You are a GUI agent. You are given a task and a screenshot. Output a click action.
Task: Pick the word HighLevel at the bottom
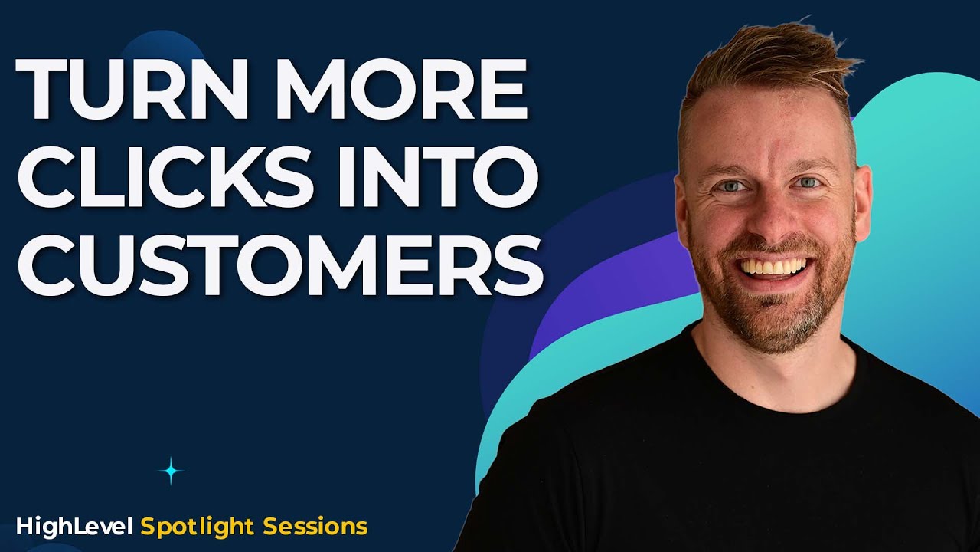coord(75,527)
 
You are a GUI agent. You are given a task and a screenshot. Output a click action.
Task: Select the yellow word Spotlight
coord(198,527)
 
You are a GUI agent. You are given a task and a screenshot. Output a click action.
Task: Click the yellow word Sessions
coord(315,527)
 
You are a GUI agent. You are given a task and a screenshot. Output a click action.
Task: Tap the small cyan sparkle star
coord(171,471)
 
